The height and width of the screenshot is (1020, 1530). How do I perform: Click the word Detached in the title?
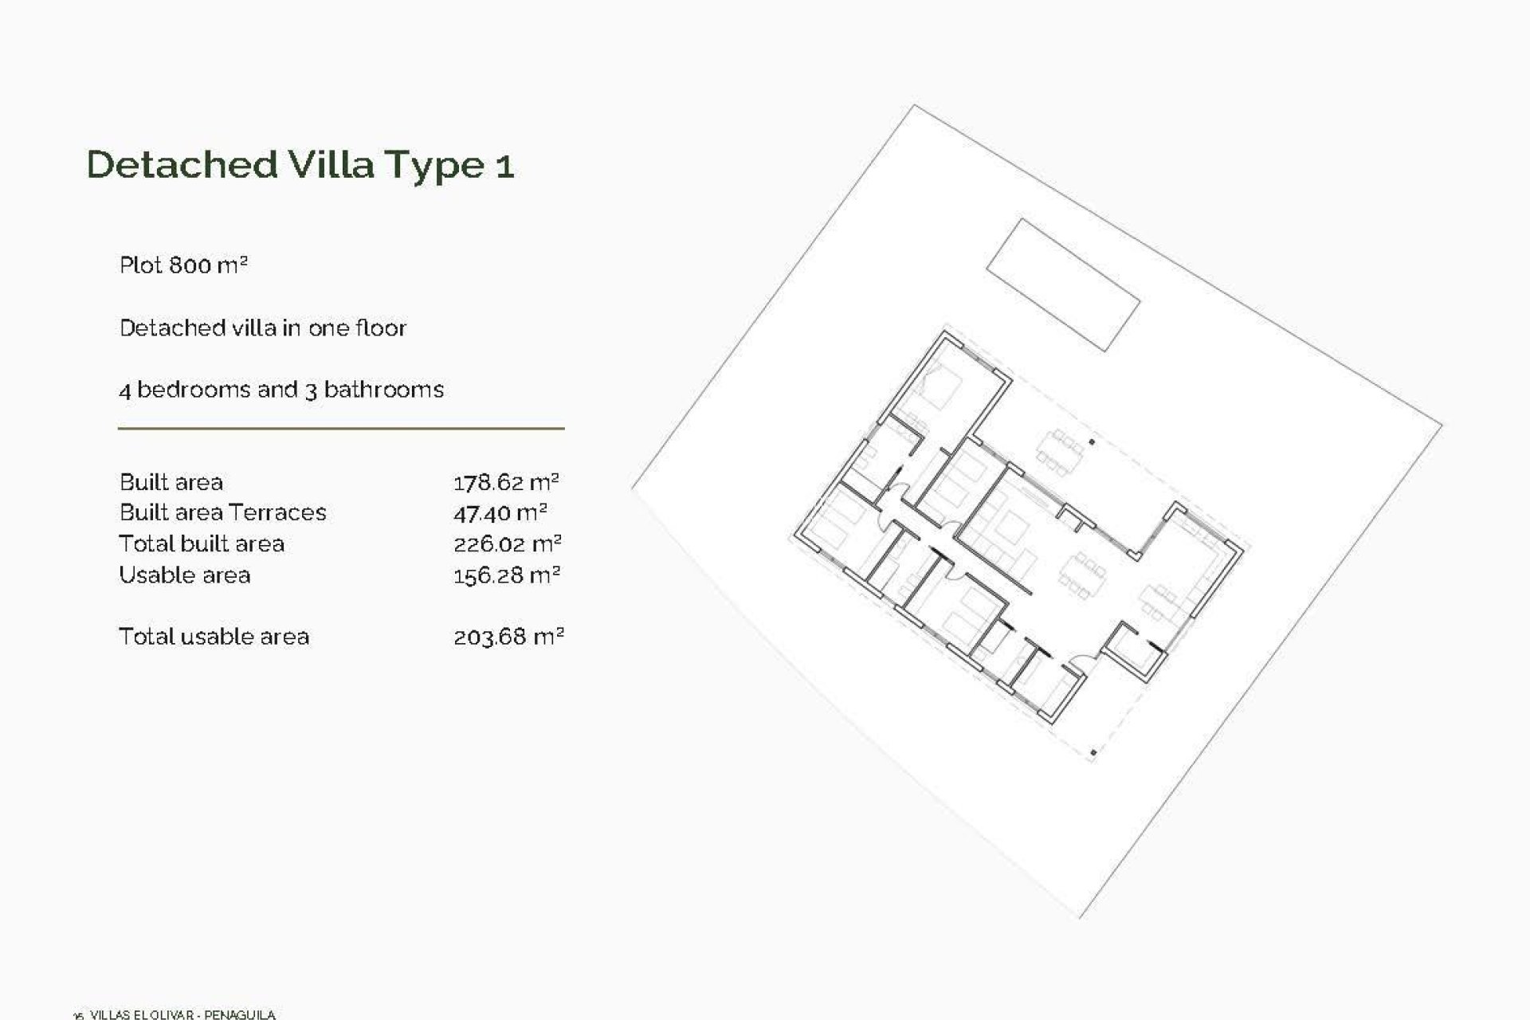click(x=182, y=164)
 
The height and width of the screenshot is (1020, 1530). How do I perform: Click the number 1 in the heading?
click(x=504, y=166)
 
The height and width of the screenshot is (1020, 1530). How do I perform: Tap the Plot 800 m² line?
click(x=183, y=265)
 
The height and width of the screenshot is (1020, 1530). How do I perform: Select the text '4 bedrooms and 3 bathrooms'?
click(x=281, y=390)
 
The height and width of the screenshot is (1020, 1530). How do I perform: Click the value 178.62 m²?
click(x=506, y=482)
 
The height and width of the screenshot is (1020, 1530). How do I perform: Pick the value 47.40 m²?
click(x=500, y=512)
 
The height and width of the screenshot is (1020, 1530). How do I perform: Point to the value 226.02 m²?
click(x=507, y=544)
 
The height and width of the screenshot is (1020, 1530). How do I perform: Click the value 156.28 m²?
click(x=506, y=575)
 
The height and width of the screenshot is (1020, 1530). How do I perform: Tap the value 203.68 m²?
click(x=508, y=637)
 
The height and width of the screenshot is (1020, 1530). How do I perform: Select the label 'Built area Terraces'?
click(x=222, y=512)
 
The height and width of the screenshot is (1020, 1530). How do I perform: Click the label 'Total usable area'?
click(x=214, y=637)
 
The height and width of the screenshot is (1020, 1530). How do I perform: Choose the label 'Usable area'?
click(x=184, y=575)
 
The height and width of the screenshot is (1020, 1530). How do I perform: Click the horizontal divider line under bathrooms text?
click(x=341, y=429)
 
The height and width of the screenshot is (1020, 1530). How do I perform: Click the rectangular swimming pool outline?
click(x=1063, y=284)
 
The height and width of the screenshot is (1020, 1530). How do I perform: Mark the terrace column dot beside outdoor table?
click(x=1093, y=442)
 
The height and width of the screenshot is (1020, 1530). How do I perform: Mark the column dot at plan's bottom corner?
click(x=1093, y=751)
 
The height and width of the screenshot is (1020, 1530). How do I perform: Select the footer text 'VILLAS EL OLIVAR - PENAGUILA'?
click(x=182, y=1014)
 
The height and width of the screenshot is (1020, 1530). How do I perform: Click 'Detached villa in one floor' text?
click(x=262, y=328)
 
